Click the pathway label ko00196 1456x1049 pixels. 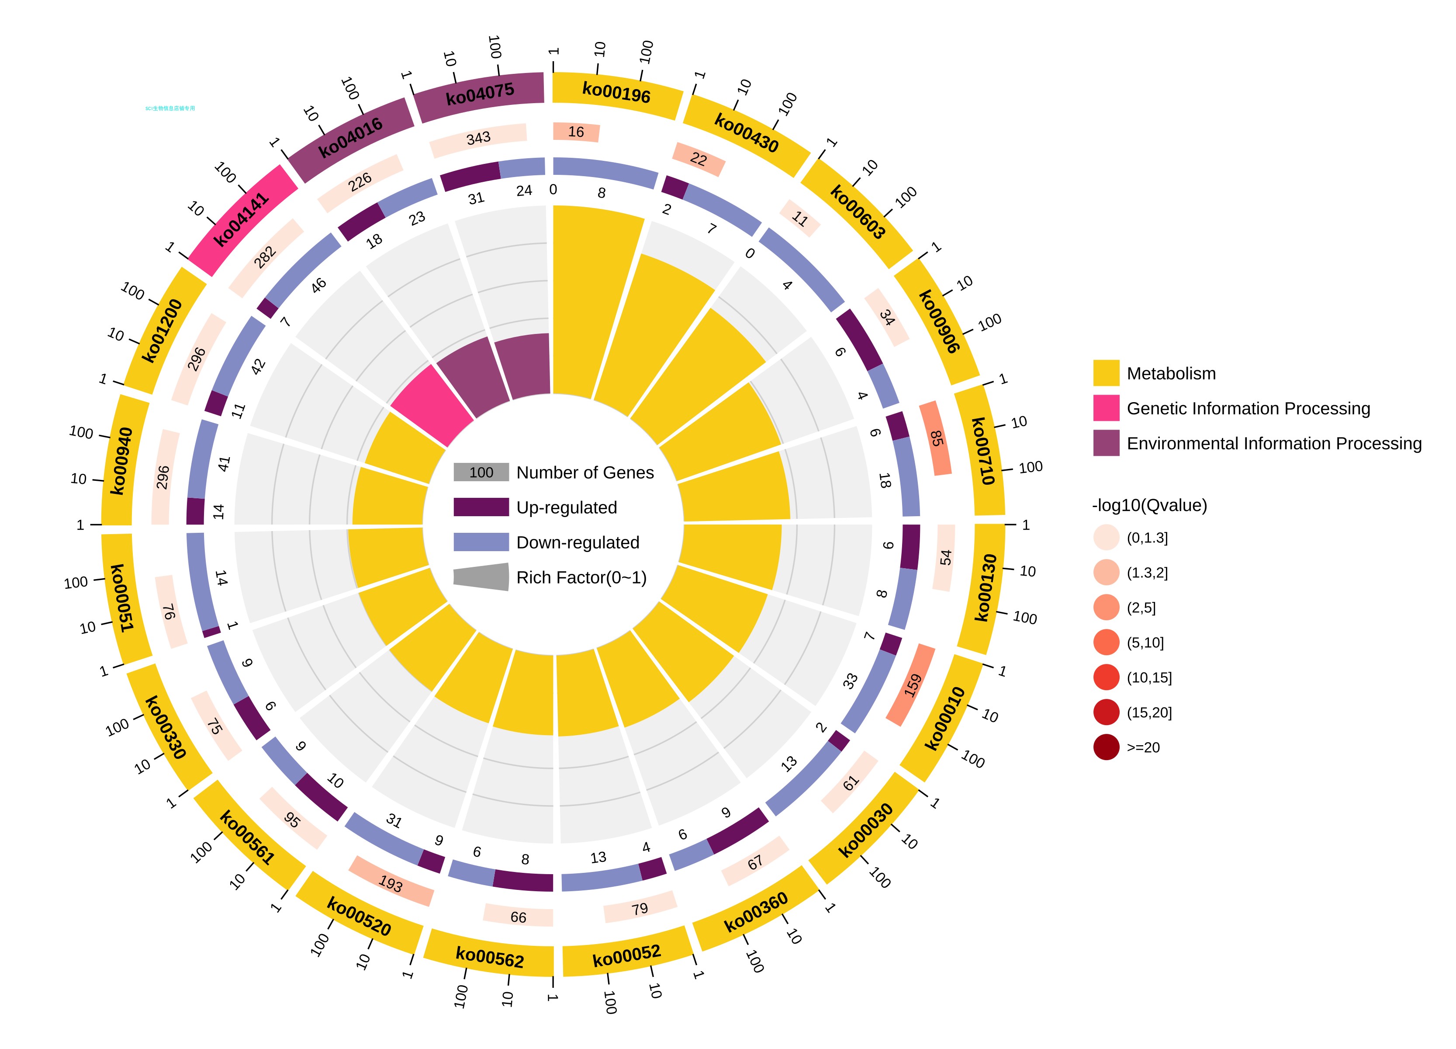tap(616, 93)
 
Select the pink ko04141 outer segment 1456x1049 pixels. tap(243, 220)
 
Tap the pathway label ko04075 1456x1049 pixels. tap(480, 94)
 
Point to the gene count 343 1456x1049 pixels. tap(478, 138)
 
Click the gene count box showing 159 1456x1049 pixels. tap(912, 685)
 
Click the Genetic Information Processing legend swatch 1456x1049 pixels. tap(1106, 408)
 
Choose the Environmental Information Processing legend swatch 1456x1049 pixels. tap(1106, 443)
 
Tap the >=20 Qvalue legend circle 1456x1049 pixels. tap(1106, 747)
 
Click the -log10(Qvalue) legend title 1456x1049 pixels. tap(1149, 506)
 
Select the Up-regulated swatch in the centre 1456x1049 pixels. tap(481, 507)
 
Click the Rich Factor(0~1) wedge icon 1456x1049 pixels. tap(481, 577)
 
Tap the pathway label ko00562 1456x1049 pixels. tap(490, 959)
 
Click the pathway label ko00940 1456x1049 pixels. tap(122, 461)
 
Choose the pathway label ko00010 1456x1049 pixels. tap(944, 718)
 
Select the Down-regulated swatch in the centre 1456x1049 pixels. tap(481, 542)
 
